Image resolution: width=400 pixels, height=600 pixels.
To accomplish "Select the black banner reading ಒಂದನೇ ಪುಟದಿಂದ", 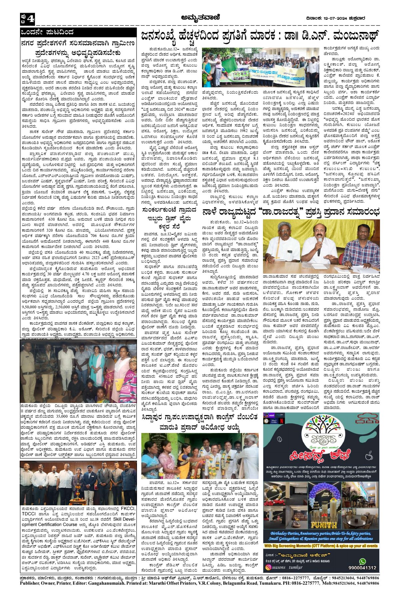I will (78, 32).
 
